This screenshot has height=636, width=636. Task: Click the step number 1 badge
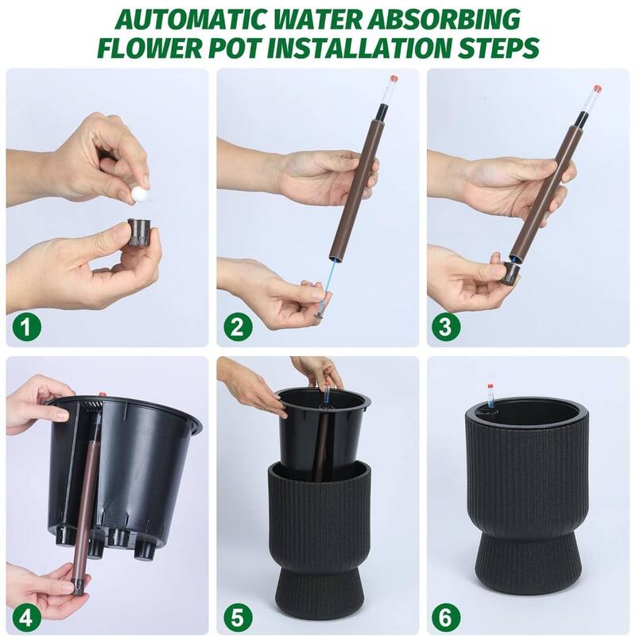(26, 327)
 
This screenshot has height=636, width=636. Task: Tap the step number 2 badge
(237, 327)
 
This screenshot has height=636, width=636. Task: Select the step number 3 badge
(448, 327)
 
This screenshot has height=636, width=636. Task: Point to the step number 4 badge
(26, 616)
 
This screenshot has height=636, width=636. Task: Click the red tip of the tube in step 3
(596, 89)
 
